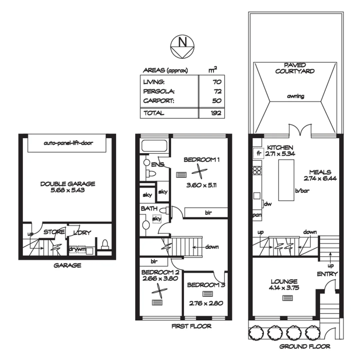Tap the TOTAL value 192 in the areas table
click(216, 113)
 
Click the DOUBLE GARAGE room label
click(68, 184)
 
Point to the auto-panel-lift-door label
click(68, 143)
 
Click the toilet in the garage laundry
click(104, 245)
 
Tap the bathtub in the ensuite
click(152, 146)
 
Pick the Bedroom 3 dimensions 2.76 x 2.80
click(206, 303)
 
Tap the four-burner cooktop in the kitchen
click(257, 171)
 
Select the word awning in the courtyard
click(295, 96)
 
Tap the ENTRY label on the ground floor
click(327, 274)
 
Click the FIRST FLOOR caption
click(191, 326)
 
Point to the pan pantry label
click(257, 215)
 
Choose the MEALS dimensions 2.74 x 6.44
click(320, 178)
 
